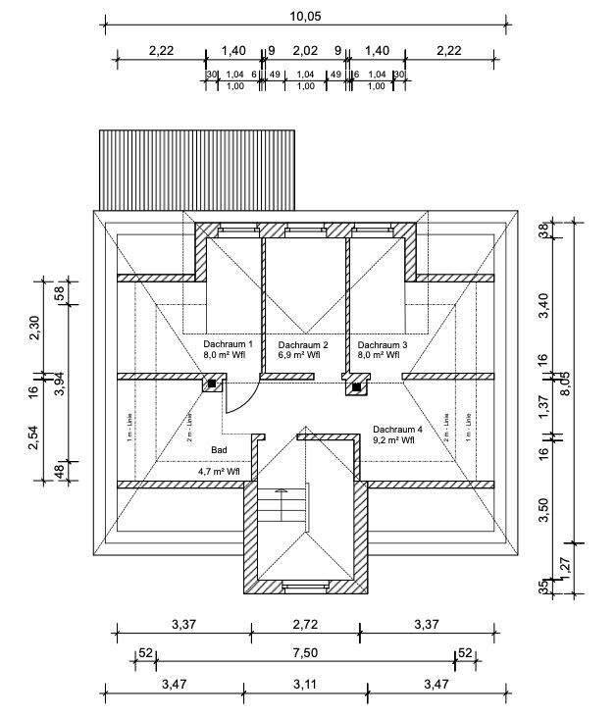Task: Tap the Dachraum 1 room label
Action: point(229,345)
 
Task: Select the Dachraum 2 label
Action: point(302,345)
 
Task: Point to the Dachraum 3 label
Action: point(383,345)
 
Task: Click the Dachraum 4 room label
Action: point(397,429)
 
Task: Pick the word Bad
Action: point(218,448)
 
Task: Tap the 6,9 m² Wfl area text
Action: point(302,357)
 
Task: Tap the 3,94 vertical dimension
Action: point(58,384)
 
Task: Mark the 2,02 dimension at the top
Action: point(305,50)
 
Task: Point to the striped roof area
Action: point(196,169)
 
